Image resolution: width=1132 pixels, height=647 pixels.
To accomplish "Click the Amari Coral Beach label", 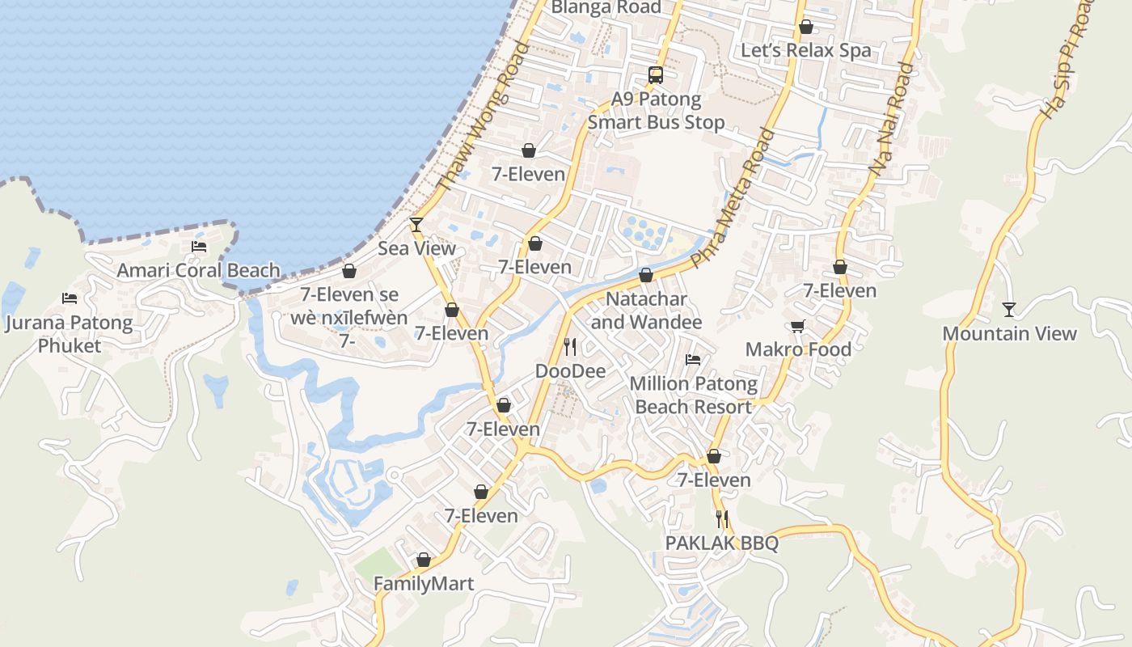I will click(x=198, y=270).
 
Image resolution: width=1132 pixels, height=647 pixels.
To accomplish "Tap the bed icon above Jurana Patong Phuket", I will click(x=70, y=298).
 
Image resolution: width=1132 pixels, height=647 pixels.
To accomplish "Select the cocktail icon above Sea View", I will click(x=416, y=224).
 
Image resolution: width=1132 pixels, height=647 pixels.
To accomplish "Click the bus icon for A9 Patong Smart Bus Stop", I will click(x=656, y=75).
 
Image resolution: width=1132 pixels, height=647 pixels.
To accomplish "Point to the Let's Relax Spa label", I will click(x=806, y=51).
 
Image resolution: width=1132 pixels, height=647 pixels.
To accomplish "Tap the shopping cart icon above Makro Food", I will click(x=798, y=326).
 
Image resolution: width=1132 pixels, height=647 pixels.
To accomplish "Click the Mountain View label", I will click(x=1009, y=333).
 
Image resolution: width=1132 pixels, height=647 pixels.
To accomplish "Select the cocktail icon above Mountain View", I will click(x=1008, y=309).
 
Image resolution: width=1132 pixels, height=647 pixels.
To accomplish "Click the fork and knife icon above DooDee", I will click(x=570, y=347).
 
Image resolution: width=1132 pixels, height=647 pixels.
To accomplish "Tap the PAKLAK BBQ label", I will click(x=721, y=543).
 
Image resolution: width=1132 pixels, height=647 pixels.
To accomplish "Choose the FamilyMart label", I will click(x=424, y=583).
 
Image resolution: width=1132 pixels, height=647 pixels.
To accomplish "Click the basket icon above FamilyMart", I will click(x=424, y=560).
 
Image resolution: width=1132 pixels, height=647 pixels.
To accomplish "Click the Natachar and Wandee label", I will click(x=646, y=311).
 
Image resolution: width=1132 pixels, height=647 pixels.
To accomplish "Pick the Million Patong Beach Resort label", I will click(x=694, y=395).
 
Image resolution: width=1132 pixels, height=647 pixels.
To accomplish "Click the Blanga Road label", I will click(x=606, y=7).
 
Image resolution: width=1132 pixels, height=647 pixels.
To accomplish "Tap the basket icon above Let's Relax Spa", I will click(x=806, y=27).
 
